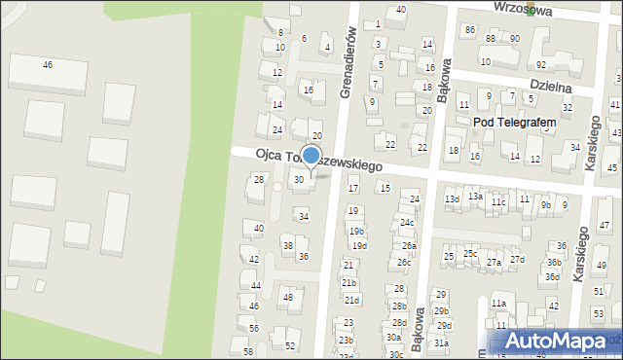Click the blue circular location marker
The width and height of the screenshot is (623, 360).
pos(311,156)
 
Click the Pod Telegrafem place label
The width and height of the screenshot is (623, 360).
pos(514,122)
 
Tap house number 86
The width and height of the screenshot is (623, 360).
pos(470,30)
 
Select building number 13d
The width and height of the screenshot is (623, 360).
pos(452,199)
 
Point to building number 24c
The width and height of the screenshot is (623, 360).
pos(407,223)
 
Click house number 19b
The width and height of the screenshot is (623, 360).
pos(357,231)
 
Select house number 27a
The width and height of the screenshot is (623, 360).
pos(495,263)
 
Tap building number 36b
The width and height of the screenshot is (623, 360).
pos(553,262)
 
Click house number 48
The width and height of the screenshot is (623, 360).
pos(287,297)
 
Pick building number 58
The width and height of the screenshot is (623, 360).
pos(248,351)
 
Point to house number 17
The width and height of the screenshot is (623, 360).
pos(353,188)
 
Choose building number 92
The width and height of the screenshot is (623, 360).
pos(541,64)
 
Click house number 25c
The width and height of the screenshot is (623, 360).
pos(470,254)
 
